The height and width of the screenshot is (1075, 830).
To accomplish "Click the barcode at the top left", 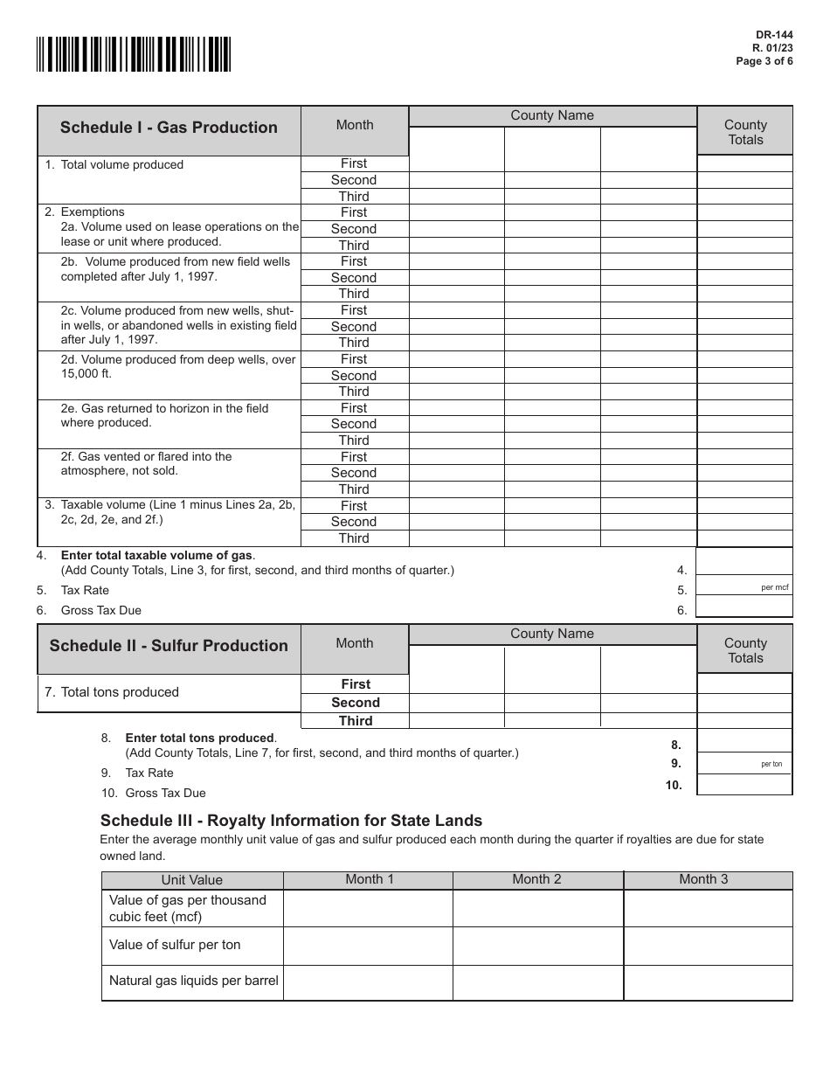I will coord(134,53).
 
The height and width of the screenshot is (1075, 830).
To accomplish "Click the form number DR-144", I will coord(774,36).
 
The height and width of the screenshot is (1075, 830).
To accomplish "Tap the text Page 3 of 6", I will coord(765,62).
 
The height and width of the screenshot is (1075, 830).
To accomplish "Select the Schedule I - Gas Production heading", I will coord(169,128).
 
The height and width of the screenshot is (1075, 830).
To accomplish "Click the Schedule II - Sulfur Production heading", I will coord(169,646).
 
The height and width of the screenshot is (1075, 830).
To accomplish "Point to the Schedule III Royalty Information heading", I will coord(291,821).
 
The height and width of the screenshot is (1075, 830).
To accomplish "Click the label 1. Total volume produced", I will coord(114,164).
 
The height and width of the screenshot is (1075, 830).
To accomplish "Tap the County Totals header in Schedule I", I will coord(745,132).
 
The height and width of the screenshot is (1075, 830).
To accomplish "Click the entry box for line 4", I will coord(744,561).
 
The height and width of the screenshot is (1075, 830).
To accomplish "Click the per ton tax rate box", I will coord(744,762).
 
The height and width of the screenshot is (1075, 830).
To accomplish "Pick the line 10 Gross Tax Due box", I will coord(744,784).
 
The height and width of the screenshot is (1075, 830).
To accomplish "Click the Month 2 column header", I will coord(536,879).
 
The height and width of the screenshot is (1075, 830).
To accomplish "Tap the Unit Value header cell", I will coord(192,880).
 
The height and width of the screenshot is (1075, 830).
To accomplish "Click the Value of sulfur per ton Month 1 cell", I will coord(368,946).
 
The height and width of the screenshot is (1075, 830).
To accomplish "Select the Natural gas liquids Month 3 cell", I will coord(708,982).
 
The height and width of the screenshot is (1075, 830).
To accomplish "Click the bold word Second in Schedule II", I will coord(356,703).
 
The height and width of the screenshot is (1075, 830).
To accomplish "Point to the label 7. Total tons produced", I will coord(112,692).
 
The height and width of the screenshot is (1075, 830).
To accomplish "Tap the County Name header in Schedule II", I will coord(552,634).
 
